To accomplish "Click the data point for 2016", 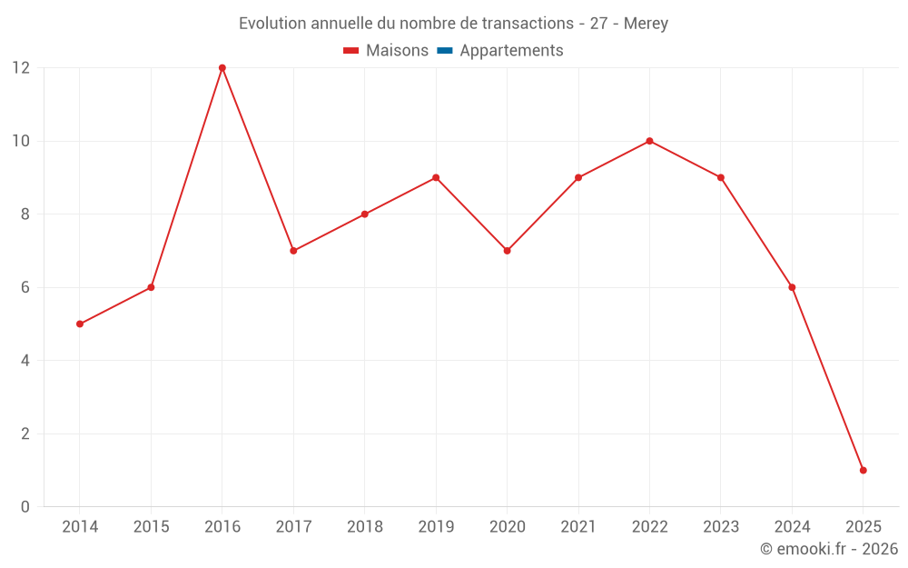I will tap(222, 68).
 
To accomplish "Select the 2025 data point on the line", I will tap(863, 470).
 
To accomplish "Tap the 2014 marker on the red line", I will tap(80, 324).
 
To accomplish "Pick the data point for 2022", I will tap(649, 141).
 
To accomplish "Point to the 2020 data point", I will tap(507, 251).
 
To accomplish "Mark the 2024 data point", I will tap(792, 287).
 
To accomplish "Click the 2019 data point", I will tap(436, 177).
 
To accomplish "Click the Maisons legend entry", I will tap(397, 51).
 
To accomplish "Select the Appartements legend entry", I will tap(511, 51).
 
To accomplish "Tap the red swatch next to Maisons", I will tap(351, 51).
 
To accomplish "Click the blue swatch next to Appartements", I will tap(445, 51).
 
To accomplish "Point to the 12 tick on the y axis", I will tap(21, 68).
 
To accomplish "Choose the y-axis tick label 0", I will tap(25, 506).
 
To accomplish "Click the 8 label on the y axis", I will tap(25, 214).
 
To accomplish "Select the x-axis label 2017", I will tap(293, 527).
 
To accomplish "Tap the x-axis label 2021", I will tap(578, 527).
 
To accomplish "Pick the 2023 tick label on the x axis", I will tap(721, 527).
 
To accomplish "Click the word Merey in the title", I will tap(646, 24).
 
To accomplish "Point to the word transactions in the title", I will tap(528, 24).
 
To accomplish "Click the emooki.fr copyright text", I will tap(829, 549).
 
